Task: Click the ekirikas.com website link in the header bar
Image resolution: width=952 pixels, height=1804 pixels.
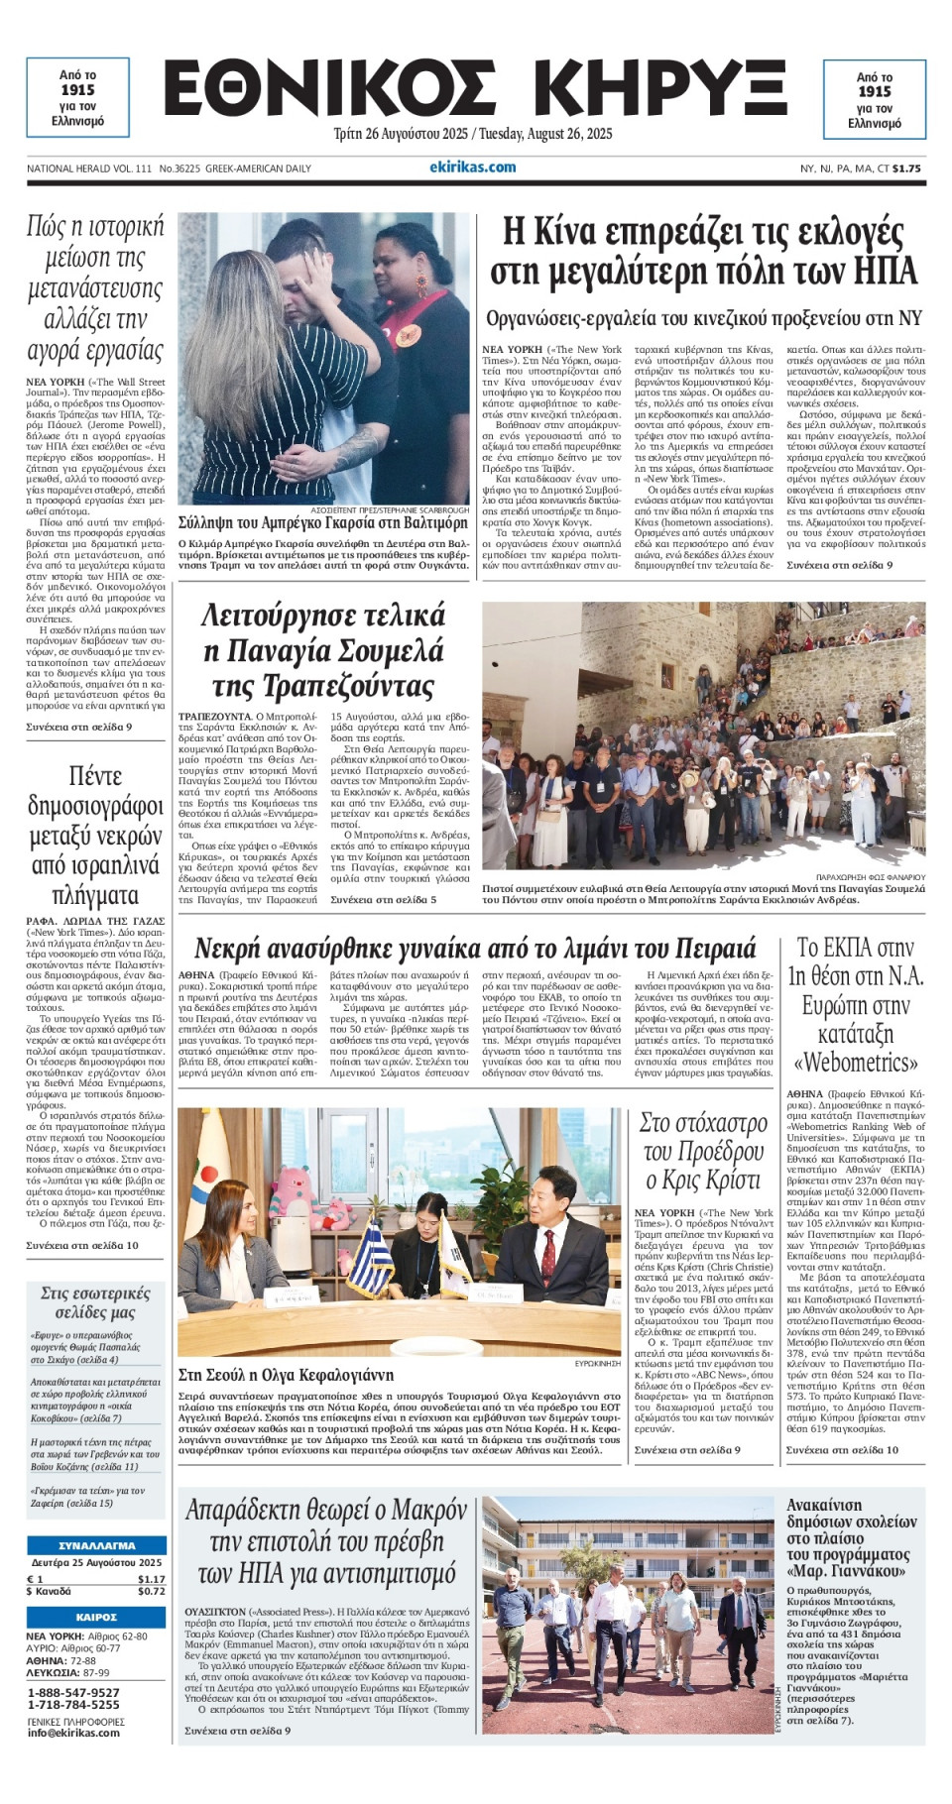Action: pyautogui.click(x=473, y=168)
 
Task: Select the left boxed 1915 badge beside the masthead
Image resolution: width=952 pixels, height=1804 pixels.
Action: pyautogui.click(x=77, y=97)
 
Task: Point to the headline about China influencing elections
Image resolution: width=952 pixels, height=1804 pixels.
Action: pyautogui.click(x=702, y=251)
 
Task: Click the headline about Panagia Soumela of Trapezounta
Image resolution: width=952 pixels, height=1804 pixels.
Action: pyautogui.click(x=323, y=651)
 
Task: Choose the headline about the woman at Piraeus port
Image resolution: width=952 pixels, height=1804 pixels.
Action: pyautogui.click(x=475, y=948)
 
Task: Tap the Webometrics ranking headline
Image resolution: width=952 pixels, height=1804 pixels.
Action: pyautogui.click(x=855, y=1005)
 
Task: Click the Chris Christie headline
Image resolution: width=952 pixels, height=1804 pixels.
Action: pyautogui.click(x=703, y=1152)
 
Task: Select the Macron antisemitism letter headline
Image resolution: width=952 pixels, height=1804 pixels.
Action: pyautogui.click(x=325, y=1541)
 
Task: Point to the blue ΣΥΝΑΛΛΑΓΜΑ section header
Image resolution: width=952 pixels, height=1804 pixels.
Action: pyautogui.click(x=96, y=1545)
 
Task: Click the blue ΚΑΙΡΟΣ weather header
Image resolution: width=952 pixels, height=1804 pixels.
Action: pyautogui.click(x=96, y=1617)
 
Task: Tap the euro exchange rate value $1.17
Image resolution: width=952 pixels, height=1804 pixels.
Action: pyautogui.click(x=151, y=1579)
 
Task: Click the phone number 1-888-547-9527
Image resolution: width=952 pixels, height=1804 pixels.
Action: pyautogui.click(x=73, y=1692)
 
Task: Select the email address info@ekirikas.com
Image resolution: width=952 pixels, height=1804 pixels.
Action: pyautogui.click(x=73, y=1733)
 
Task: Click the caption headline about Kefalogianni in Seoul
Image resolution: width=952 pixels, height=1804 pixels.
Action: pyautogui.click(x=272, y=1375)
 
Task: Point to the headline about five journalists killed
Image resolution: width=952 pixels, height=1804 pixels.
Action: pyautogui.click(x=95, y=835)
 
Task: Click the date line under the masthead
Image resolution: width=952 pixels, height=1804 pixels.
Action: pyautogui.click(x=473, y=134)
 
